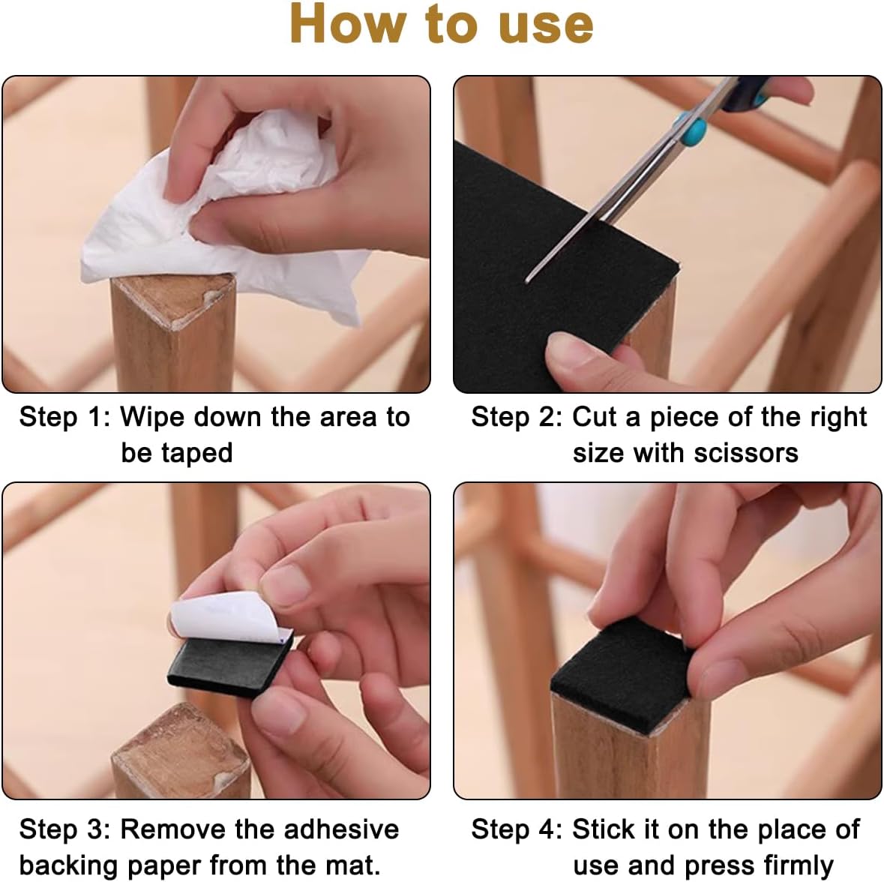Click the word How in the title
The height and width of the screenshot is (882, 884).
(x=348, y=24)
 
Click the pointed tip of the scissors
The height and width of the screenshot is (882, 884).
(x=527, y=280)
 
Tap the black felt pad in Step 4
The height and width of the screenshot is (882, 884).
(x=620, y=672)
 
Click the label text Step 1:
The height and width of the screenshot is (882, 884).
(x=64, y=417)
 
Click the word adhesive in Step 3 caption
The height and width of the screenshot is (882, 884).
(x=341, y=829)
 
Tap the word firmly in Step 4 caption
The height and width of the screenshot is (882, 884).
(x=799, y=865)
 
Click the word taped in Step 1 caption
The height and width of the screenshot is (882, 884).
(x=196, y=454)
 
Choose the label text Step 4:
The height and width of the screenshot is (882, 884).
(x=517, y=829)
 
